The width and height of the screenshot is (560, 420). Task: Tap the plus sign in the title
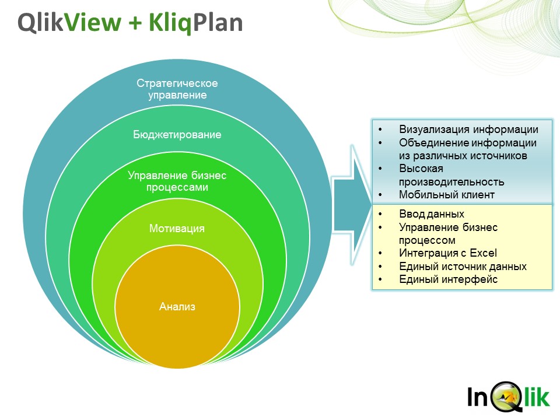(x=135, y=23)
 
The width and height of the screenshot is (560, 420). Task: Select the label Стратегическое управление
(x=177, y=89)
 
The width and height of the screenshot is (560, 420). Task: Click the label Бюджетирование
(x=177, y=135)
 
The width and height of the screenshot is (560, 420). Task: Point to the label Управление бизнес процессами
(x=177, y=181)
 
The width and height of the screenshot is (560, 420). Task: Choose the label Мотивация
(x=177, y=228)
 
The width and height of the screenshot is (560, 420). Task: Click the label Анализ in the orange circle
(x=177, y=306)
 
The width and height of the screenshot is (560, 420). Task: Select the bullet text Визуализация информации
(x=468, y=129)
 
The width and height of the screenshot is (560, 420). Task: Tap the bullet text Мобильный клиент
(x=447, y=195)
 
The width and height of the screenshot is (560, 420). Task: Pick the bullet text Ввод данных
(x=432, y=214)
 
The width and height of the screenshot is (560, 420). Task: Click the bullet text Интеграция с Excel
(x=448, y=253)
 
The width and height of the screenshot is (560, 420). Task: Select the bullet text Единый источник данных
(x=463, y=267)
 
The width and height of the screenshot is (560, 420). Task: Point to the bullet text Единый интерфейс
(x=448, y=279)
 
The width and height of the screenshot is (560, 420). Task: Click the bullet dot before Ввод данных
(x=380, y=214)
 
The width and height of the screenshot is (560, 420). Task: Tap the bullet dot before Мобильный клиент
(x=380, y=195)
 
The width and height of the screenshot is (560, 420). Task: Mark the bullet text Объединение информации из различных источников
(x=468, y=149)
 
